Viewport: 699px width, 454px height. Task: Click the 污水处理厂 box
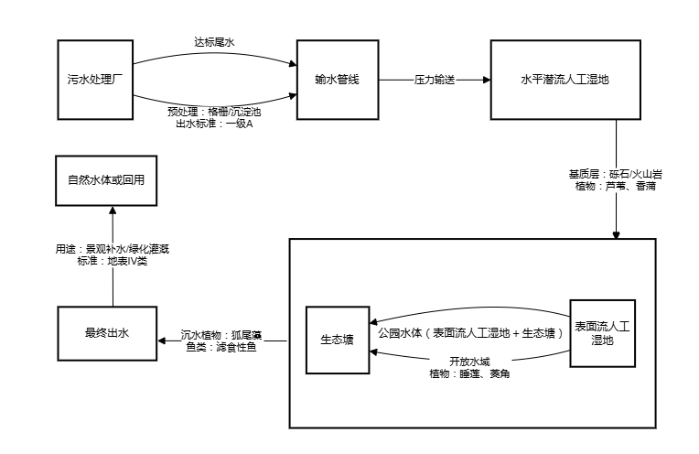(x=96, y=80)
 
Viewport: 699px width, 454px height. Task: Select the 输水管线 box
(x=337, y=80)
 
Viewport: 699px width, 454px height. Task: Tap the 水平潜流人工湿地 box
(x=565, y=80)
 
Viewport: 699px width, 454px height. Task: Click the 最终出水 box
(x=106, y=333)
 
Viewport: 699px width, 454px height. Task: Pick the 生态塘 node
(x=338, y=340)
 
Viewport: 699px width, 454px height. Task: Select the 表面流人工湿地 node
(x=602, y=333)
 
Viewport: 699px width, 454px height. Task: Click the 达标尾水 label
(x=215, y=42)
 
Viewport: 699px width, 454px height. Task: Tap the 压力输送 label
(x=435, y=81)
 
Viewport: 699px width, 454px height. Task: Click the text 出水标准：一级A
(x=215, y=124)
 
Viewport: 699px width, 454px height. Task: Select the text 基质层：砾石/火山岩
(x=616, y=174)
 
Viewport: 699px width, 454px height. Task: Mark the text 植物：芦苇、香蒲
(x=616, y=187)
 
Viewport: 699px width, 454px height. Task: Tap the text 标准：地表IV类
(x=113, y=261)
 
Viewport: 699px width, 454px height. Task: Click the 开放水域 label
(x=468, y=361)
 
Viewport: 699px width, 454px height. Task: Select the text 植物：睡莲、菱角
(x=468, y=373)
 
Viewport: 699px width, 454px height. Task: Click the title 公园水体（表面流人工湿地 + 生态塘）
(x=470, y=334)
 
